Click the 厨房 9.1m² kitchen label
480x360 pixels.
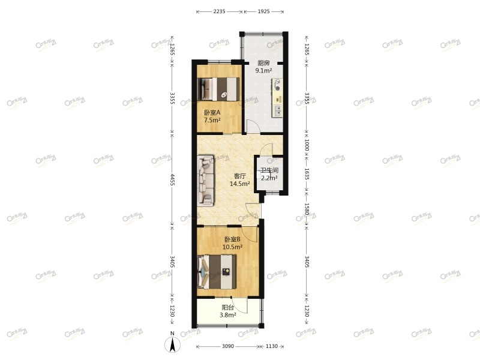[263, 67]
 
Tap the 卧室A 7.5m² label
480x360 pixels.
[211, 116]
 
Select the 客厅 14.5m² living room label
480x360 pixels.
[240, 180]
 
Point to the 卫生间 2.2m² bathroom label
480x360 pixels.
[269, 174]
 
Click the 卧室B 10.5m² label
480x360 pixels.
[233, 242]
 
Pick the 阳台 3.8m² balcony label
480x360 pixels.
[227, 311]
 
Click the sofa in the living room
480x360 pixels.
[205, 181]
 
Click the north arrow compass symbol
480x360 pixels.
[173, 344]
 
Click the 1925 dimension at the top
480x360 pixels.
[265, 11]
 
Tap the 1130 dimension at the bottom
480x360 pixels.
[273, 346]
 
